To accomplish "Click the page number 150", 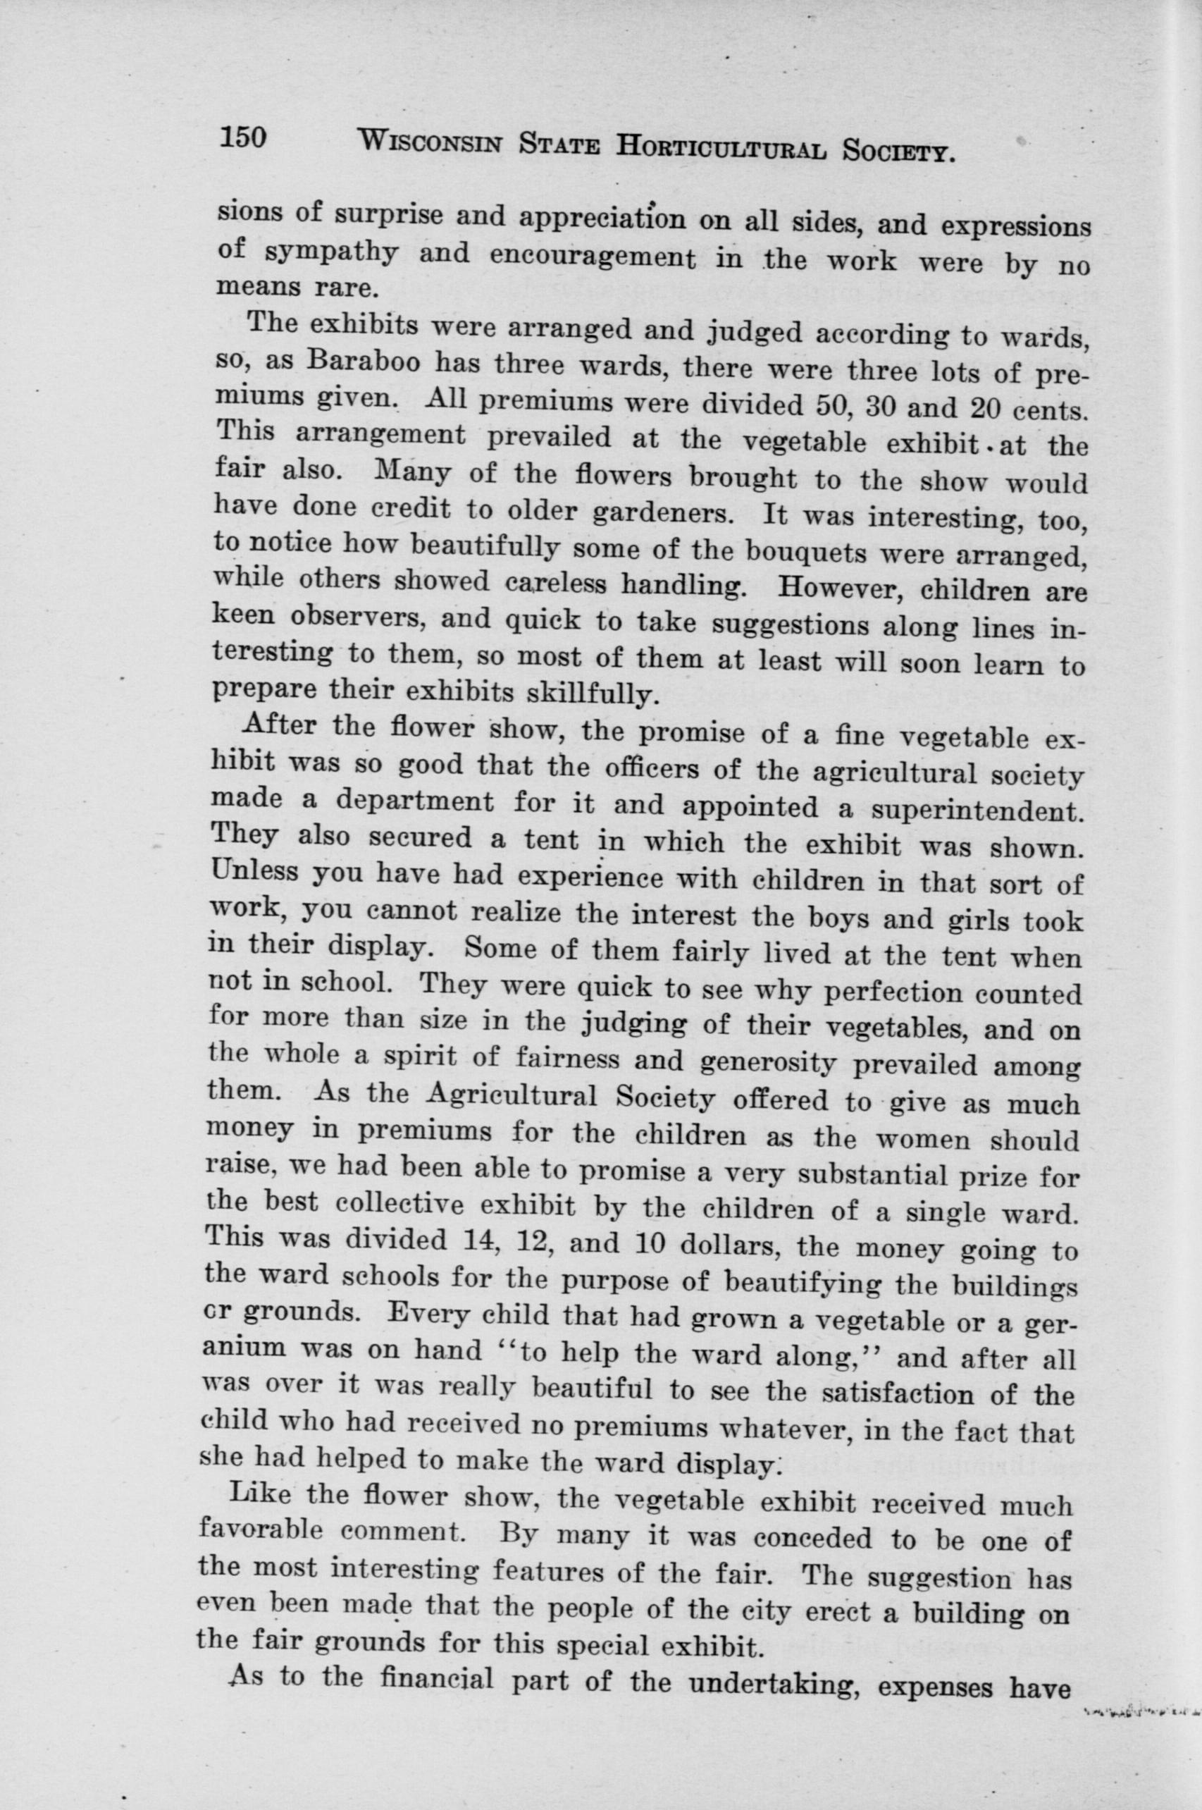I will click(x=242, y=137).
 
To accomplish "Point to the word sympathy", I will click(x=331, y=252).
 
